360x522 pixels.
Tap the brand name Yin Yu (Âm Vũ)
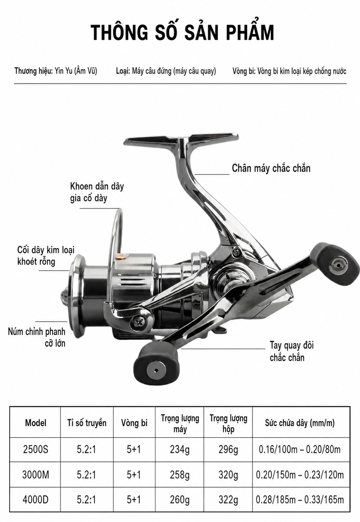pyautogui.click(x=76, y=71)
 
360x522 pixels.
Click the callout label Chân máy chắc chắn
pyautogui.click(x=271, y=168)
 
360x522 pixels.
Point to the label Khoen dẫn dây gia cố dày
pyautogui.click(x=97, y=193)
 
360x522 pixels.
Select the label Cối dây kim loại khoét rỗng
pyautogui.click(x=46, y=256)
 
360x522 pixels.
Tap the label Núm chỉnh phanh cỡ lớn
pyautogui.click(x=37, y=337)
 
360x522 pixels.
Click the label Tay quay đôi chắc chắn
pyautogui.click(x=292, y=352)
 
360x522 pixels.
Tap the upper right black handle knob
pyautogui.click(x=339, y=264)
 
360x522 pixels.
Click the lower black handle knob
pyautogui.click(x=156, y=370)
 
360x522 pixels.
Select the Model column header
pyautogui.click(x=35, y=423)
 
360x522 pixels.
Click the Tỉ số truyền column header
pyautogui.click(x=87, y=423)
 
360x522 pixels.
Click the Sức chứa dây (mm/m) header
pyautogui.click(x=300, y=423)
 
